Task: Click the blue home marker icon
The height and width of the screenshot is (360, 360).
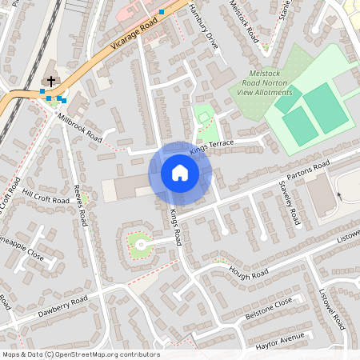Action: (180, 173)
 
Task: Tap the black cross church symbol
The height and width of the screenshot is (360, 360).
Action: (52, 82)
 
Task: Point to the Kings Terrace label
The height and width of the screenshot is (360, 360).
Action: (211, 146)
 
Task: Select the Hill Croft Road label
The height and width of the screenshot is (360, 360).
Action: (46, 194)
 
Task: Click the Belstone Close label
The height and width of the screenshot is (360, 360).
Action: (269, 310)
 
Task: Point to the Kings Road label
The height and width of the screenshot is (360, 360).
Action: (177, 228)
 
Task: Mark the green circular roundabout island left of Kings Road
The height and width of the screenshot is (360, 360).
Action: (140, 244)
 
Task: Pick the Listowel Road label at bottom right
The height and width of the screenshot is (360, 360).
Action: (333, 309)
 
